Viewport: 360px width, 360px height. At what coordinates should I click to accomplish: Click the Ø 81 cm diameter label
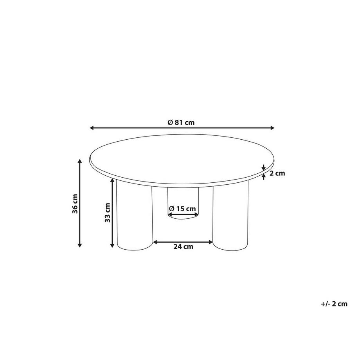click(x=181, y=122)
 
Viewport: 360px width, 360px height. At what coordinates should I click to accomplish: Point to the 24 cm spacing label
click(x=183, y=247)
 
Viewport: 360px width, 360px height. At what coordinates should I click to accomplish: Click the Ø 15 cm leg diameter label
click(x=183, y=209)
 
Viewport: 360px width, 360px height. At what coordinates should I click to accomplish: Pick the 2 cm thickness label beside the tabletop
click(x=275, y=173)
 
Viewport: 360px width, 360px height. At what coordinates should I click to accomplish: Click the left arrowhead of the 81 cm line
click(x=92, y=128)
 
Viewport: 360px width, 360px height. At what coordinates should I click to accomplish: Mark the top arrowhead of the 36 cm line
click(x=80, y=161)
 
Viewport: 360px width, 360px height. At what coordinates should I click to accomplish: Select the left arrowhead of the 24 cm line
click(x=155, y=242)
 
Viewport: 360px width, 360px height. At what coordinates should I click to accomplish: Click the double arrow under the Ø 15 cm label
click(x=183, y=215)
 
